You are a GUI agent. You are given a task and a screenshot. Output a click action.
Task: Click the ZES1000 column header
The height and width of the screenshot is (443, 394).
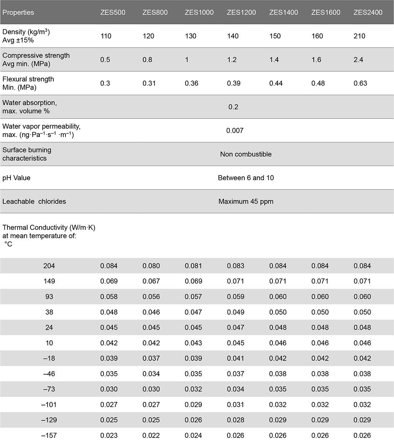199,13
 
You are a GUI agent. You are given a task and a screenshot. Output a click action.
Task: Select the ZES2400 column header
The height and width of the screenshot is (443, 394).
368,13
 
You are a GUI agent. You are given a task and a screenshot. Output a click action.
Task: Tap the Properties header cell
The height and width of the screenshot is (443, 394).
18,13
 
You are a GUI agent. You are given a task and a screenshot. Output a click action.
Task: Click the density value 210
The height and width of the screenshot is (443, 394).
359,36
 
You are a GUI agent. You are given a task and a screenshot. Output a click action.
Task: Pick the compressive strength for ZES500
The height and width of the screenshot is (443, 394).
105,60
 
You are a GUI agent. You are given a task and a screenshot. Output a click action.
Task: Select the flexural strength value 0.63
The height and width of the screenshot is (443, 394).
360,83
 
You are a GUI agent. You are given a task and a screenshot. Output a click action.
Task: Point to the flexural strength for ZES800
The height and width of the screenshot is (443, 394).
149,83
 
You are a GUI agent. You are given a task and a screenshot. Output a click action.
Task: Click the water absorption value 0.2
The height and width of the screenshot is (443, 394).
233,107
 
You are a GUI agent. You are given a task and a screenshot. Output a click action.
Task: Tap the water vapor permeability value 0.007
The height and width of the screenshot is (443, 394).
235,131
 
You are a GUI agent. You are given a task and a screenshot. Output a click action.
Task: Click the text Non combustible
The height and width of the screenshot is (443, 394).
246,154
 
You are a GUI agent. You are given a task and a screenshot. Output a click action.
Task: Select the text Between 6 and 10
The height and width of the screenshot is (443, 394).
246,178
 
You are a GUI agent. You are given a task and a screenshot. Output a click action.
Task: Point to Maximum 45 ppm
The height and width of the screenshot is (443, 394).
246,201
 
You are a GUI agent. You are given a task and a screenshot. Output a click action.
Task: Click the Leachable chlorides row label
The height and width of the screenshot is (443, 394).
34,201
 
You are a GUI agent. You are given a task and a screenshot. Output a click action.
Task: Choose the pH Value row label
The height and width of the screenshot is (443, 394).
16,178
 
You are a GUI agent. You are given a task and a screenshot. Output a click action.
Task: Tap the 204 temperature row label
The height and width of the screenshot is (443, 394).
49,266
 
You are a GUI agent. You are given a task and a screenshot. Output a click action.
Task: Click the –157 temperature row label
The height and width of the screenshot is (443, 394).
49,435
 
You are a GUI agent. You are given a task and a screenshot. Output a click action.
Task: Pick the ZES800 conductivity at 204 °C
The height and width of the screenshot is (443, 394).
151,266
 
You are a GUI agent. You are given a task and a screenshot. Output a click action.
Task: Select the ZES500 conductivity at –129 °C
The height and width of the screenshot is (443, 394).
109,420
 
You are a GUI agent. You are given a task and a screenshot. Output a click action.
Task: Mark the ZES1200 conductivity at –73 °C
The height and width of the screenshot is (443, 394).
236,389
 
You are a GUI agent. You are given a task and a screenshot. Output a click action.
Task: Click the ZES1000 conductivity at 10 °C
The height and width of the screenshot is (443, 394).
193,343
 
